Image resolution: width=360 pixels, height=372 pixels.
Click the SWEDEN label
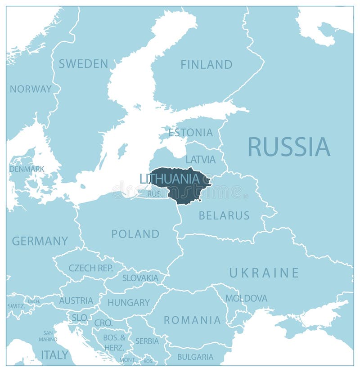tap(84, 64)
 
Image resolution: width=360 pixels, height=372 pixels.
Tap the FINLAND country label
tap(207, 65)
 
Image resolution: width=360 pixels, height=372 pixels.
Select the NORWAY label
tap(31, 89)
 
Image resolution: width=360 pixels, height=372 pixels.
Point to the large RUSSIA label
tap(289, 147)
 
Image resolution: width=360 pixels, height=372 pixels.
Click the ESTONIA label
tap(190, 133)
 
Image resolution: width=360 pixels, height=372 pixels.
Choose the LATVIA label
tap(200, 159)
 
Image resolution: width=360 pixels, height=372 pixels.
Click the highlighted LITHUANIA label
tap(169, 179)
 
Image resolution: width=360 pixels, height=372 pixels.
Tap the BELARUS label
tap(224, 215)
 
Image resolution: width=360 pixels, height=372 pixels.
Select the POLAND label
tap(135, 234)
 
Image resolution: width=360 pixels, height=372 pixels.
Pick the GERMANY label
tap(40, 241)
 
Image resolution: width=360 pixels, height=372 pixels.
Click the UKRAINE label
tap(264, 273)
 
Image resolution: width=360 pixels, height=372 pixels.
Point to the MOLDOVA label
tap(246, 298)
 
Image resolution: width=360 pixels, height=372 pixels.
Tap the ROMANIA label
tap(192, 320)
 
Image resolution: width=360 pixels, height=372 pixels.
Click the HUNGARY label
tap(128, 303)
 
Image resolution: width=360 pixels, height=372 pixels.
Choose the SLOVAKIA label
tap(140, 278)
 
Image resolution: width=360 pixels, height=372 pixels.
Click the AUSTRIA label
tap(76, 300)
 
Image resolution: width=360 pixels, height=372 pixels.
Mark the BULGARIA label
tap(195, 357)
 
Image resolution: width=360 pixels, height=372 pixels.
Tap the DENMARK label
tap(27, 169)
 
